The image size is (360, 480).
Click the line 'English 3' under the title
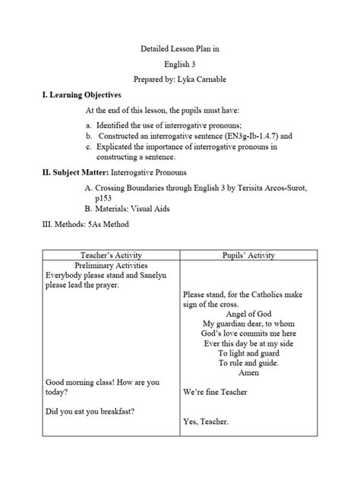coord(180,64)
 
